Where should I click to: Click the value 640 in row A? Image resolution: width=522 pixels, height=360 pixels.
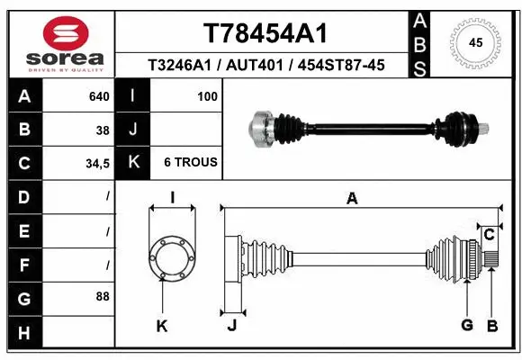(100, 95)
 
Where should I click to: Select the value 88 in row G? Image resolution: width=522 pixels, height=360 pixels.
(102, 296)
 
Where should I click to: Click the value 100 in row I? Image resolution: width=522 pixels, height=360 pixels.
(207, 95)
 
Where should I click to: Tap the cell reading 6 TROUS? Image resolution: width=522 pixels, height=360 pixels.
(190, 163)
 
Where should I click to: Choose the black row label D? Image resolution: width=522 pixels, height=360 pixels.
(23, 196)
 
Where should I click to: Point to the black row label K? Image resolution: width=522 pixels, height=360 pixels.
(133, 163)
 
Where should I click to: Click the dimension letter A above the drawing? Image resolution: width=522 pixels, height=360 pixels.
(353, 199)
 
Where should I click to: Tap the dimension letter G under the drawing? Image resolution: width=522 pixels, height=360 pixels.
(467, 325)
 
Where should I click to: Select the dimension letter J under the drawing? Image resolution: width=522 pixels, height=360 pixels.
(231, 325)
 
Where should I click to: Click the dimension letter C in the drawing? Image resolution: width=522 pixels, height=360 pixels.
(489, 235)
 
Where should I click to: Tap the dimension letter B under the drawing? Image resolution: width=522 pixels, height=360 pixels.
(492, 325)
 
